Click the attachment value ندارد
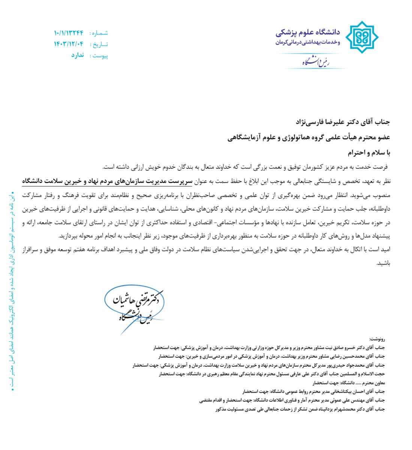(x=78, y=55)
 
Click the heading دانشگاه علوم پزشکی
(x=307, y=33)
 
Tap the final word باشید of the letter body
(x=384, y=263)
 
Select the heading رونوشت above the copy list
(x=378, y=339)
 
